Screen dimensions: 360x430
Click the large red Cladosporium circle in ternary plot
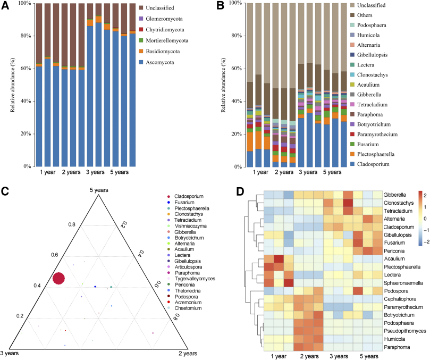coord(59,278)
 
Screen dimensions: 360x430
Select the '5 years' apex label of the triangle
coord(99,190)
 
